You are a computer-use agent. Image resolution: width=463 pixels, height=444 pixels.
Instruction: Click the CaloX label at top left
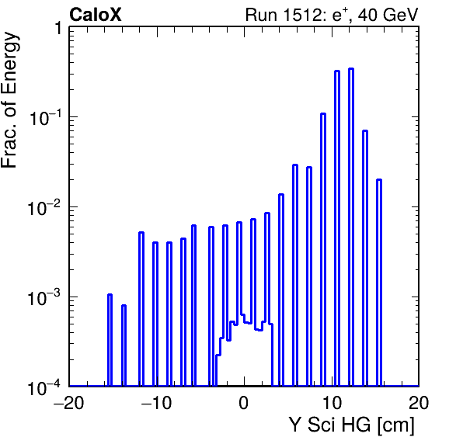coord(96,15)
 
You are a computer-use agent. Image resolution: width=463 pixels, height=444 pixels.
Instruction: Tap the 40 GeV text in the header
coord(388,15)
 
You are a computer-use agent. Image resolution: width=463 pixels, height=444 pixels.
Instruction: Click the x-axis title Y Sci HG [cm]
coord(351,425)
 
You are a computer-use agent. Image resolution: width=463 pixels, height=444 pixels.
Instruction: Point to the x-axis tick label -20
coord(68,403)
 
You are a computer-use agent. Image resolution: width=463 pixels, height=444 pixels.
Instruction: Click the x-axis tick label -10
coord(156,403)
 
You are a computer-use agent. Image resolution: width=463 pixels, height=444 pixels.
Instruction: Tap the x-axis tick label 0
coord(244,403)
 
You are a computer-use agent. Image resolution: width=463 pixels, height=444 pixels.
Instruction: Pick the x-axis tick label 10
coord(331,403)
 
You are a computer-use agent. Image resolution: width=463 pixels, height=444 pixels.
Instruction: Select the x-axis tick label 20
coord(419,403)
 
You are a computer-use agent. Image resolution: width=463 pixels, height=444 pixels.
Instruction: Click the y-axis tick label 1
coord(57,28)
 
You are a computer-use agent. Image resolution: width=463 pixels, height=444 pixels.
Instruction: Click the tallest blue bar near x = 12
coord(351,227)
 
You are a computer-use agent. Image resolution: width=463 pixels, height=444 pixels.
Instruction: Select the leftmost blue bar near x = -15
coord(110,340)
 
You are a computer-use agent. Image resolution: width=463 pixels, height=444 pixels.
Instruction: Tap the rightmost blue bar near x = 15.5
coord(379,283)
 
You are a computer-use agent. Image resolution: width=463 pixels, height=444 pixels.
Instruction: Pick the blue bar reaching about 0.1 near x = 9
coord(323,250)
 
